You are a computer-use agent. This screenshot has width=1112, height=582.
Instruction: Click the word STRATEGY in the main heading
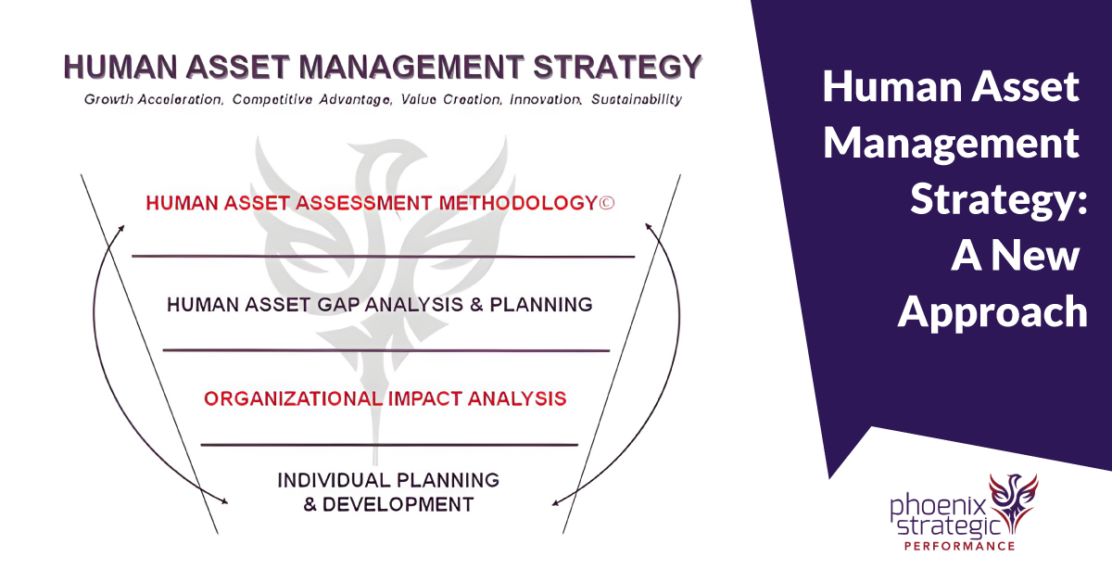pos(617,67)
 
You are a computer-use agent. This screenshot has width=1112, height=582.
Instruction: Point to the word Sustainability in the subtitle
pos(637,100)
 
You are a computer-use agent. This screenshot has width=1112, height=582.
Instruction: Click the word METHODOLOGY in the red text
pos(518,203)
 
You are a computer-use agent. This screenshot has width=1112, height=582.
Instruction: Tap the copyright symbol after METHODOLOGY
pos(607,203)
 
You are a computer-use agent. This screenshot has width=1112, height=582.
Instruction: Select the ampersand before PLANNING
pos(476,305)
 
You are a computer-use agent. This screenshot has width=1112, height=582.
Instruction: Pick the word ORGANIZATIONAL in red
pos(293,399)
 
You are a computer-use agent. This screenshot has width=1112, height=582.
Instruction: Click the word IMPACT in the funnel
pos(425,399)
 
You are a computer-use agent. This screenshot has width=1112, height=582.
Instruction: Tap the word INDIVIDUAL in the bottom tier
pos(335,480)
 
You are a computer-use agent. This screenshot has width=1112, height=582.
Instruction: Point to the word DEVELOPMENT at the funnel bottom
pos(398,504)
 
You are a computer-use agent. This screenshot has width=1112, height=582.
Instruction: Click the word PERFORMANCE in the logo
pos(960,546)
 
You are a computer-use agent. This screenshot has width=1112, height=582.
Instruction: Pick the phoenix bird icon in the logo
pos(1013,502)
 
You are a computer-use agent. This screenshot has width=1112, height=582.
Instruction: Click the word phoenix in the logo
pos(938,508)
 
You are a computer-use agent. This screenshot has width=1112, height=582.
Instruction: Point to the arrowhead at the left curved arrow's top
pos(120,228)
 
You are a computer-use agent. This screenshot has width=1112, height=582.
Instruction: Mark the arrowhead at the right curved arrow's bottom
pos(556,503)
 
